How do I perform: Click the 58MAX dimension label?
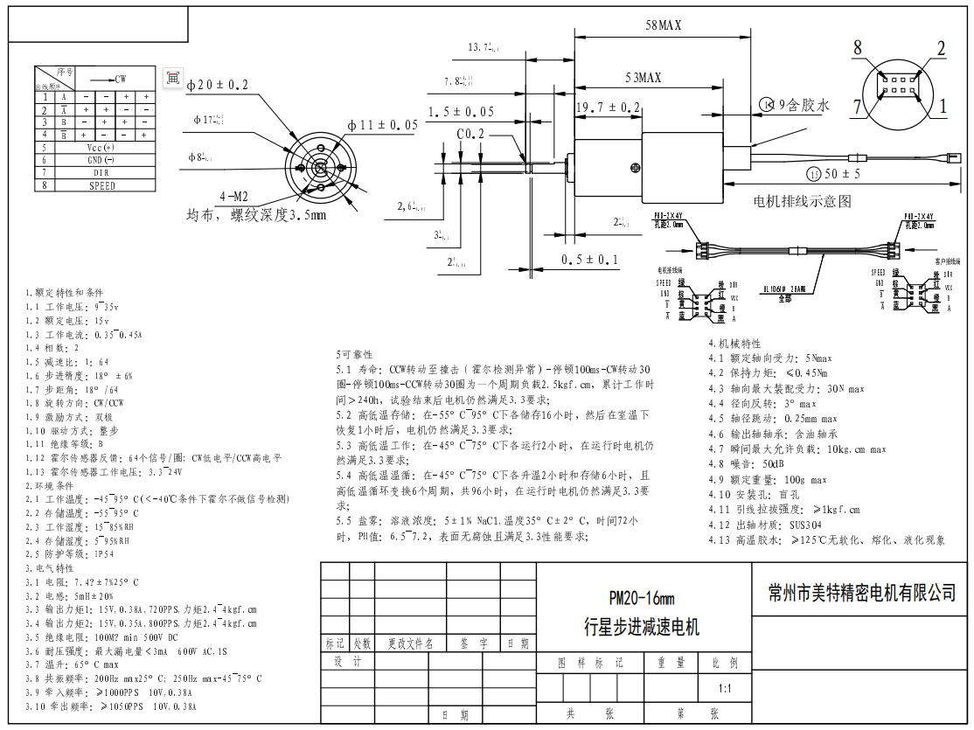pyautogui.click(x=663, y=26)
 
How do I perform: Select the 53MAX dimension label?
pyautogui.click(x=643, y=79)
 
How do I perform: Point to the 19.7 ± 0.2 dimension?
pyautogui.click(x=608, y=107)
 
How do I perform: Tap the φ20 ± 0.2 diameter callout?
pyautogui.click(x=217, y=85)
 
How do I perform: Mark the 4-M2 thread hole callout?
pyautogui.click(x=235, y=196)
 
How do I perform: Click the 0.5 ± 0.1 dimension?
pyautogui.click(x=589, y=260)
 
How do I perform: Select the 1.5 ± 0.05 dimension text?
pyautogui.click(x=461, y=112)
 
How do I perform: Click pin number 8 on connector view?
pyautogui.click(x=858, y=47)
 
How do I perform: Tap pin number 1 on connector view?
pyautogui.click(x=943, y=106)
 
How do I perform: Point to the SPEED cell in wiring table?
pyautogui.click(x=101, y=185)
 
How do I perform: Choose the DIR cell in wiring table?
pyautogui.click(x=101, y=173)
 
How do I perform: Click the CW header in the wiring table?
pyautogui.click(x=114, y=79)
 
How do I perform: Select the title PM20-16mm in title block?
pyautogui.click(x=642, y=599)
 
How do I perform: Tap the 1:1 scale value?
pyautogui.click(x=725, y=689)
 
